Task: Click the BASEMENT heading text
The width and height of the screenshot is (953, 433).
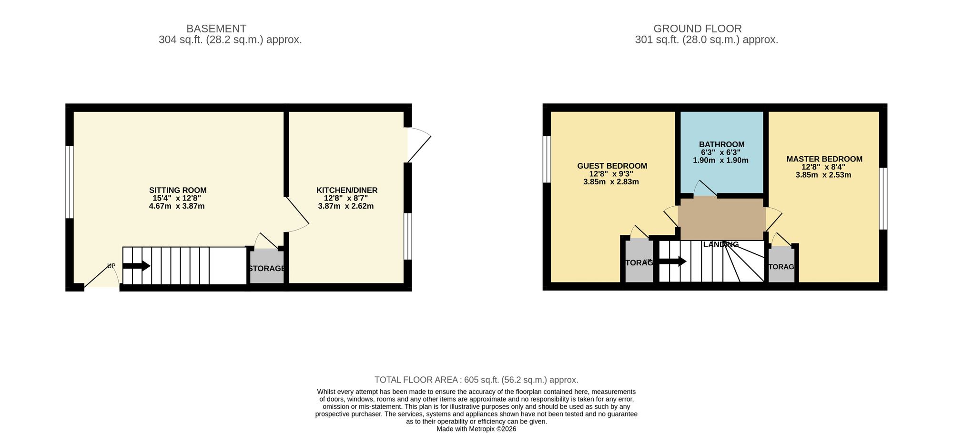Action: (216, 29)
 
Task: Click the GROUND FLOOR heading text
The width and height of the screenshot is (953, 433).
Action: (697, 29)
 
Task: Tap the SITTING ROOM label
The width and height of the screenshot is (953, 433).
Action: (178, 190)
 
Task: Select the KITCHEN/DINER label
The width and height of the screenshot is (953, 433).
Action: (347, 190)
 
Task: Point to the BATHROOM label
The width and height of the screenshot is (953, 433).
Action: (721, 144)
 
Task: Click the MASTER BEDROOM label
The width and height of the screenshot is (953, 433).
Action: (824, 159)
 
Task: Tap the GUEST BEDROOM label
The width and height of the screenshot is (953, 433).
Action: (612, 166)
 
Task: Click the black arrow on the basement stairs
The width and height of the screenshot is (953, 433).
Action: (137, 266)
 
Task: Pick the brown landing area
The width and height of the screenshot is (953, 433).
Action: (721, 219)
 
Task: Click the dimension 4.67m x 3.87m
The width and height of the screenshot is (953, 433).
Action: (177, 206)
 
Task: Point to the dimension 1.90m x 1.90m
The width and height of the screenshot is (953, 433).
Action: (720, 161)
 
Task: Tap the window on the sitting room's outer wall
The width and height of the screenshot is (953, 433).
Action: (70, 181)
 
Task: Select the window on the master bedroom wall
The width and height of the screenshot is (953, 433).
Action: (883, 198)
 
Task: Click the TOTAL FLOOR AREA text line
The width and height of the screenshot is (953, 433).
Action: (476, 380)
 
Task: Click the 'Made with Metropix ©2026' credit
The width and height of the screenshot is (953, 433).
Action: (476, 429)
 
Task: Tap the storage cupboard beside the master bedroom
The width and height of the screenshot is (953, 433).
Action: (781, 267)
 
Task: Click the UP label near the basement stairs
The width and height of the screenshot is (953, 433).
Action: (111, 266)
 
